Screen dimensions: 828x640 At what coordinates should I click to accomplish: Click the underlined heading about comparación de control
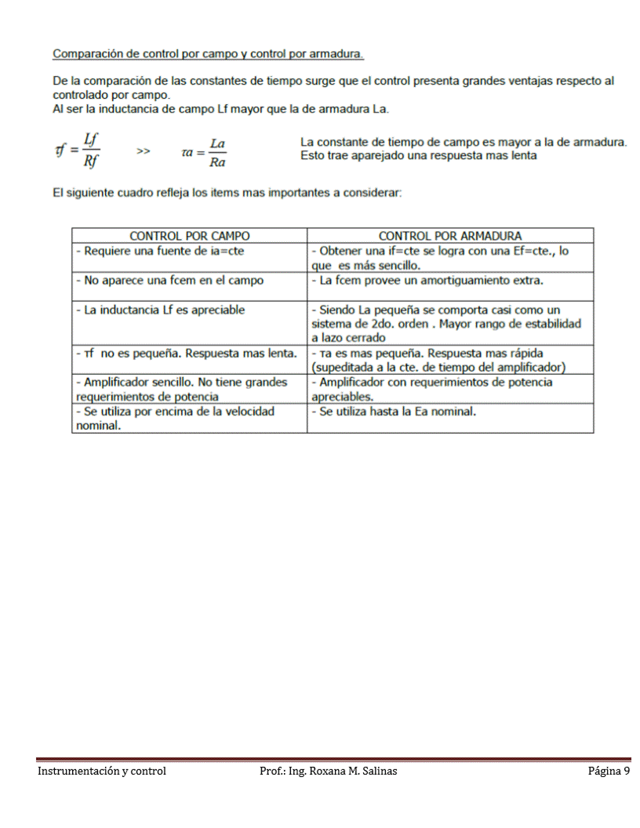[208, 54]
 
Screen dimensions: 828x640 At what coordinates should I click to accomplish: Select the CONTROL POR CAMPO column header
[190, 235]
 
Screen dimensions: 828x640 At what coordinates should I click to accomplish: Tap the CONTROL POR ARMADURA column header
[449, 235]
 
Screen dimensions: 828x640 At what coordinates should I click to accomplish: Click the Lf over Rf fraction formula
[77, 149]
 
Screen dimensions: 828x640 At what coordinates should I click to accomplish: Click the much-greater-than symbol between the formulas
[144, 151]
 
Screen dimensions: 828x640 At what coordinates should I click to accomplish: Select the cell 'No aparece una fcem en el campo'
[169, 280]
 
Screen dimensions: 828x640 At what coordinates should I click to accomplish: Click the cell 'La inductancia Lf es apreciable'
[160, 310]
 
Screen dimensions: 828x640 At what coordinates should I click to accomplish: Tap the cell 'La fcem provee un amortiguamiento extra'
[427, 280]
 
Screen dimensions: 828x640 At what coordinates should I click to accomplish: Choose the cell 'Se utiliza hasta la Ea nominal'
[394, 411]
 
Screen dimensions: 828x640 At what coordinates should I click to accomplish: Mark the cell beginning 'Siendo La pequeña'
[445, 324]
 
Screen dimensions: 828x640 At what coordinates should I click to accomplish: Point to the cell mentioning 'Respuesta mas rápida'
[438, 360]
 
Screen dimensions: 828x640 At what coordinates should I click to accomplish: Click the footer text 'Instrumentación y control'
[102, 772]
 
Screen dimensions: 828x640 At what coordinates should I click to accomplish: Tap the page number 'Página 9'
[609, 772]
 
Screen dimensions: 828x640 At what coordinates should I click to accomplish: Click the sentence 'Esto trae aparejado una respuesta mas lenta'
[418, 155]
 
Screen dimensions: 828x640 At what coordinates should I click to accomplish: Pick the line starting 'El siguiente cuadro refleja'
[227, 193]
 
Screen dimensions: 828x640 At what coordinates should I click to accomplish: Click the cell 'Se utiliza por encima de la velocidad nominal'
[174, 419]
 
